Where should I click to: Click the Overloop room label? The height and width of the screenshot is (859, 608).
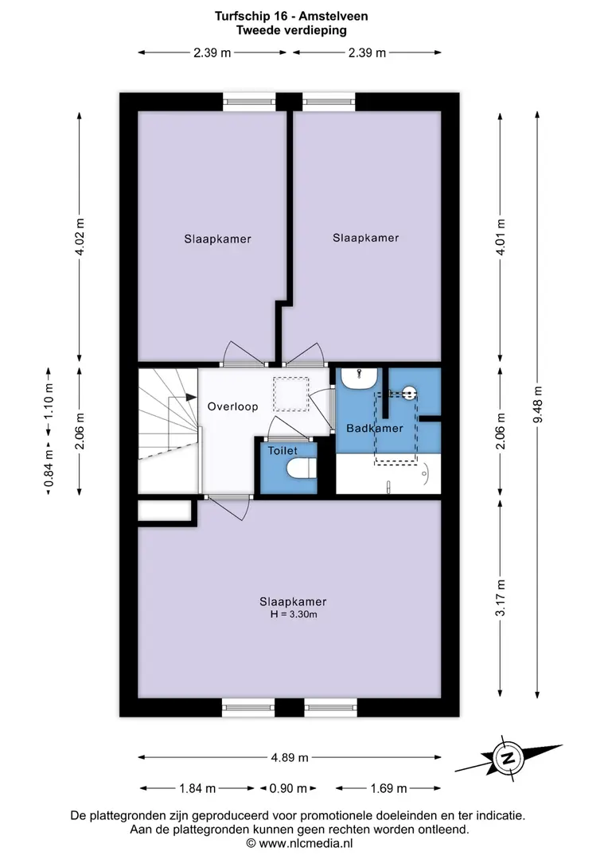pos(232,406)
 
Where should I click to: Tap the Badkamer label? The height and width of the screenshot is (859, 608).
pos(375,429)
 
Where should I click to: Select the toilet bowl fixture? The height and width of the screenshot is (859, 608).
pos(302,468)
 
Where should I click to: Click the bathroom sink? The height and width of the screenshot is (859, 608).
pos(359,378)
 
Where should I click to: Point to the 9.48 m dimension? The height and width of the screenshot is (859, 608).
pos(538,404)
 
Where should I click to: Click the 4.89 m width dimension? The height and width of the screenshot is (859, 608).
pos(290,758)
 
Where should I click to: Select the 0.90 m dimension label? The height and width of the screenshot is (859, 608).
pos(288,788)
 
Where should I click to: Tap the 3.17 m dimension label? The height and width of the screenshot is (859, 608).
pos(501,597)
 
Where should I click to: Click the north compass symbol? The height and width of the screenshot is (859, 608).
pos(509,758)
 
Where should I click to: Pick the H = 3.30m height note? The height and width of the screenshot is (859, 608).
pos(294,615)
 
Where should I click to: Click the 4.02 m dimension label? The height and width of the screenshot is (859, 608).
pos(80,237)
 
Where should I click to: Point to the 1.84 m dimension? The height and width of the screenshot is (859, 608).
pos(197,788)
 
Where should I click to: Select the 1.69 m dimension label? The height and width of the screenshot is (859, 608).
pos(388,788)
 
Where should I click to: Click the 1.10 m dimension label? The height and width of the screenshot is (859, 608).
pos(49,401)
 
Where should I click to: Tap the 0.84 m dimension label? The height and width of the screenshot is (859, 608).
pos(49,468)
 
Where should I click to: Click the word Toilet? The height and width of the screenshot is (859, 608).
pos(283,451)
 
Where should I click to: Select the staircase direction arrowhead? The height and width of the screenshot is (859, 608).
pos(191,397)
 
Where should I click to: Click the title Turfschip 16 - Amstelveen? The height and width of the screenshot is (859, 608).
pos(291,16)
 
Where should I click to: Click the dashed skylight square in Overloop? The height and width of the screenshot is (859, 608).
pos(291,395)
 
